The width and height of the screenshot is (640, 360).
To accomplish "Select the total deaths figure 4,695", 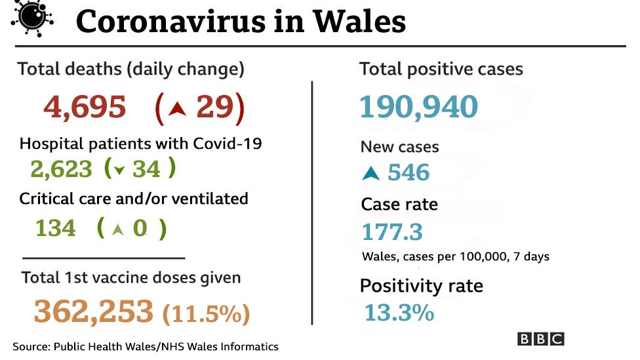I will [x=85, y=107].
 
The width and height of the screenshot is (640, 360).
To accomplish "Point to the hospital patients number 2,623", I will [x=61, y=169].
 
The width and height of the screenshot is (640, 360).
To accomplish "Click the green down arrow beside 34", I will [x=119, y=170].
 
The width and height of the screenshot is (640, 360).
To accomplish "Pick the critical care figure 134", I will [x=56, y=228].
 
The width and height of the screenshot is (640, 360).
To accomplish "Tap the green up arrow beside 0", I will [x=117, y=230].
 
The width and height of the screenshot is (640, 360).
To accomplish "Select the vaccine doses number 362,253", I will [x=94, y=311].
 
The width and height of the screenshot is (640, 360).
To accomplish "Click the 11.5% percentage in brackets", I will [x=205, y=313].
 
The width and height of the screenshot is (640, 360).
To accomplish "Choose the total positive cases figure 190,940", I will [x=418, y=107].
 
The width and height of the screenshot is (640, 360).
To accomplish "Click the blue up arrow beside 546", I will [x=370, y=174].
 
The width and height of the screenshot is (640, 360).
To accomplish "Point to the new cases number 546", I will [x=409, y=172].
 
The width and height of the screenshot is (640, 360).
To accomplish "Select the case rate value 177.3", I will [x=392, y=232].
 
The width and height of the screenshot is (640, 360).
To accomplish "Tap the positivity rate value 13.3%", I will [x=399, y=313].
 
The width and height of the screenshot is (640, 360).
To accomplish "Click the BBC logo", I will [x=540, y=339].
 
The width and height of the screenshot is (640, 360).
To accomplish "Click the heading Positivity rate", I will [x=421, y=286].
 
